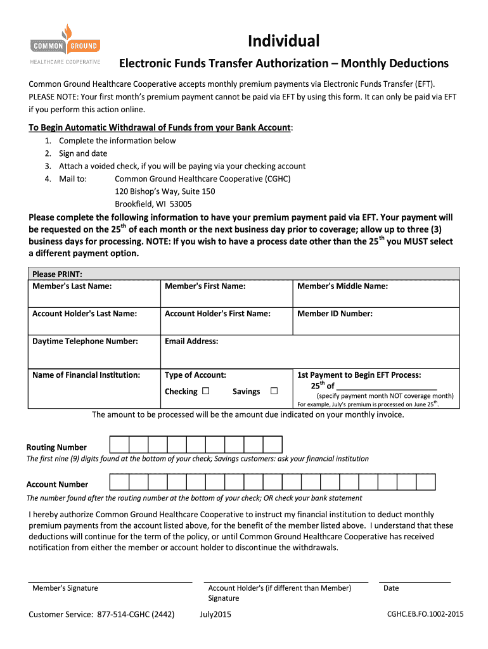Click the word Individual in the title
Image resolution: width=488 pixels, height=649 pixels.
click(284, 41)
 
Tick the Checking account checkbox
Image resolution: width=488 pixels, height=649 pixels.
click(206, 391)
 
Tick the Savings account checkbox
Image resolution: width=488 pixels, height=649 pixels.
click(274, 391)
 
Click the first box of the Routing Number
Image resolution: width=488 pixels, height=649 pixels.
click(119, 445)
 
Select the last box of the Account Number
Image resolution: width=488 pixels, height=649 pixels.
click(426, 482)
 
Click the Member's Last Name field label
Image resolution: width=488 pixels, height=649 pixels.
click(72, 286)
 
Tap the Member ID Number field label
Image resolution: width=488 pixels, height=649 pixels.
click(335, 314)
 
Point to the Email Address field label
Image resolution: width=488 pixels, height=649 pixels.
click(191, 341)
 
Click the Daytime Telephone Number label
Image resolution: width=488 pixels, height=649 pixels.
click(84, 341)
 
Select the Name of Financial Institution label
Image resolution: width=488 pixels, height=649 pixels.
click(86, 375)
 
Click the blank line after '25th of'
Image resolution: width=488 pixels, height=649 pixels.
click(386, 386)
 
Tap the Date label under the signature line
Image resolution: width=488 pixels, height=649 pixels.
click(391, 588)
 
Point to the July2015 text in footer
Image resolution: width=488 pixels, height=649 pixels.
click(215, 614)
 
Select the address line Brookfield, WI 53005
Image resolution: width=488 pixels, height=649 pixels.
click(153, 204)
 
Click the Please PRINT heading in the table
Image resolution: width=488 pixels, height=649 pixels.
click(58, 274)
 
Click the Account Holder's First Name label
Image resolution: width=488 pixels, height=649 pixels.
click(217, 314)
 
